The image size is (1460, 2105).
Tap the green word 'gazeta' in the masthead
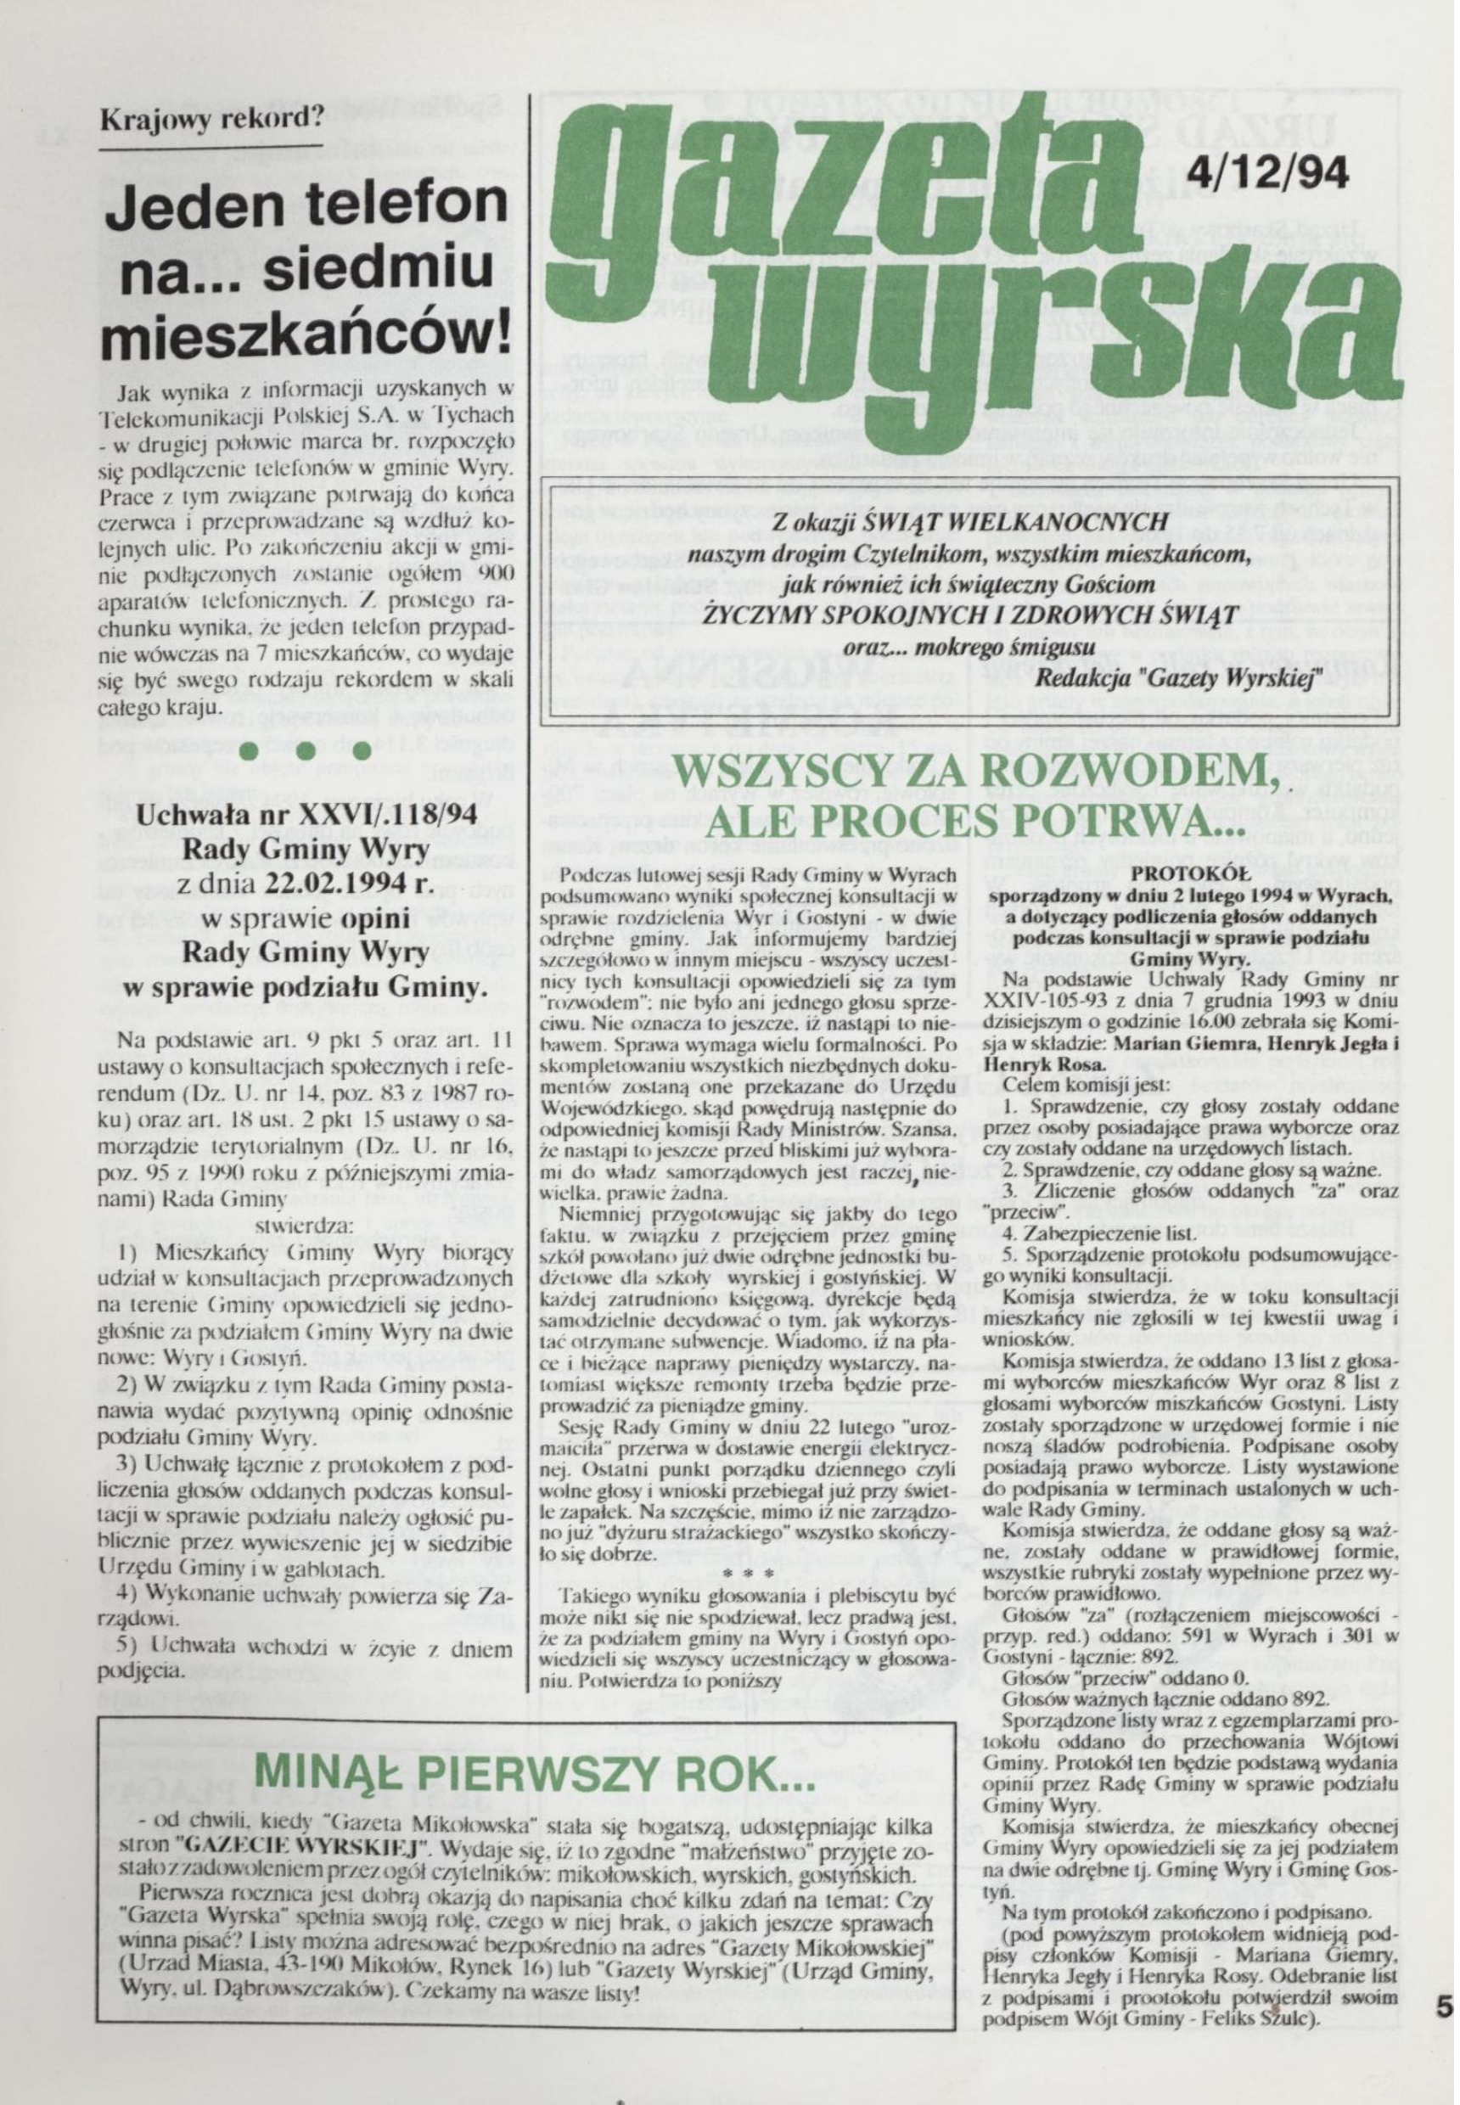pos(851,183)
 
